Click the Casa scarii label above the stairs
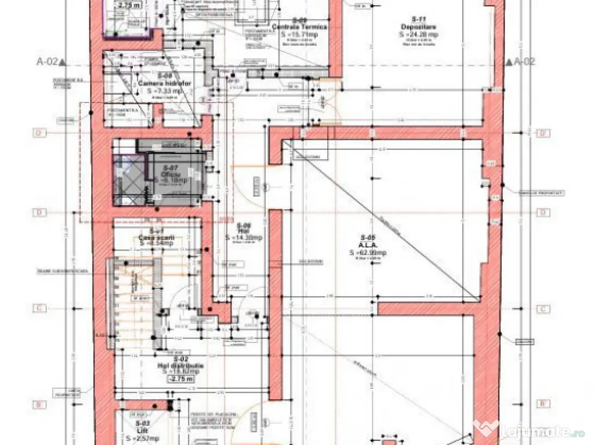[x=156, y=238]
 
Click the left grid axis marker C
[x=39, y=309]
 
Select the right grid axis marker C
[x=543, y=309]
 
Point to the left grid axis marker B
[x=39, y=404]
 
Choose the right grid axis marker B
[x=543, y=404]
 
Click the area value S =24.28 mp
[x=418, y=34]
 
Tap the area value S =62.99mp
[x=368, y=253]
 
